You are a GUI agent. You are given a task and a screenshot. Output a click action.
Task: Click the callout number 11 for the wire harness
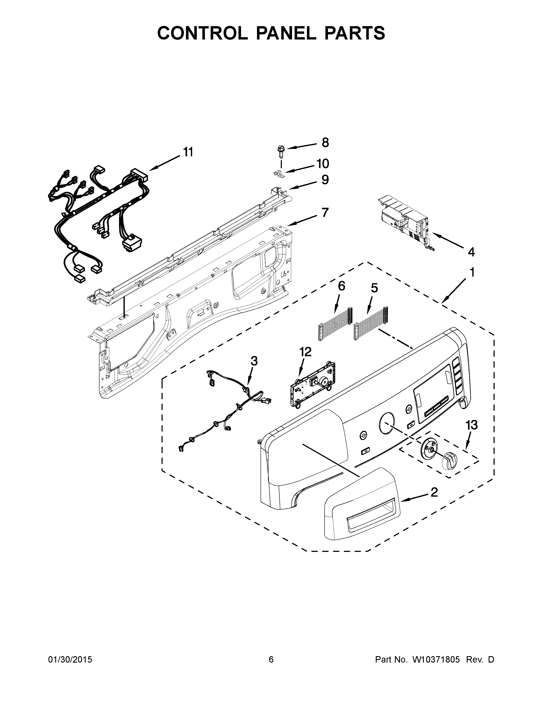188,152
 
